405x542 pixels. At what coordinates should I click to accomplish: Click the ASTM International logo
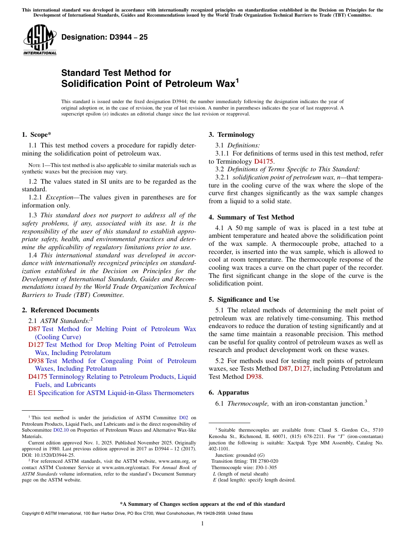(x=39, y=40)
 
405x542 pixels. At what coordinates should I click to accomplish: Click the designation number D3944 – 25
(x=104, y=37)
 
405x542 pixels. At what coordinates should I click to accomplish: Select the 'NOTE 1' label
(x=31, y=165)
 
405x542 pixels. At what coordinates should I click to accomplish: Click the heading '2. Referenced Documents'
(x=60, y=310)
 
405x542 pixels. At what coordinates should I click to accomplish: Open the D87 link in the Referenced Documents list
(x=34, y=329)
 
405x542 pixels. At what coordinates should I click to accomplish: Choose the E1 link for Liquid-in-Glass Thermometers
(x=32, y=393)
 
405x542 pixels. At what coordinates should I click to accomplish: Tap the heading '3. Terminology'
(x=231, y=135)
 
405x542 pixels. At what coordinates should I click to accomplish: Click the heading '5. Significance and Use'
(x=244, y=300)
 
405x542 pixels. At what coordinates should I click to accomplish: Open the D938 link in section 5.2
(x=252, y=377)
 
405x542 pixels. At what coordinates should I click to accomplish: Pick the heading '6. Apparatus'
(x=229, y=392)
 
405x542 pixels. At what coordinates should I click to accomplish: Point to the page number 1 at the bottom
(x=202, y=523)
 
